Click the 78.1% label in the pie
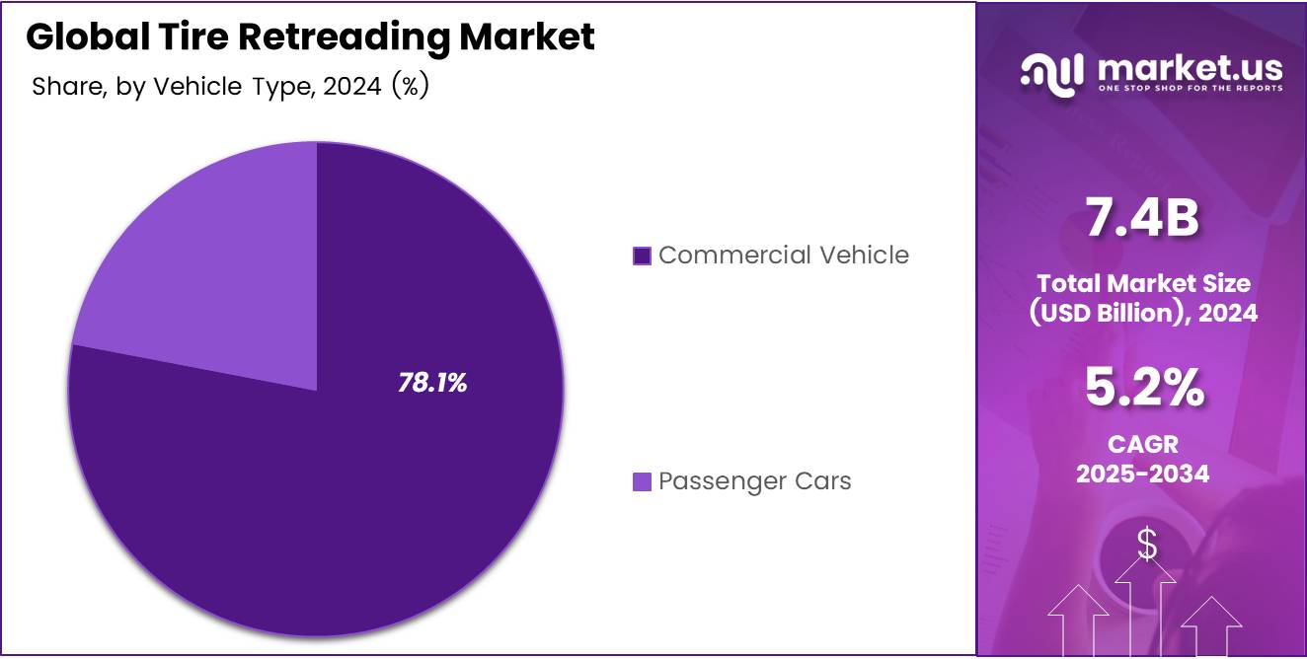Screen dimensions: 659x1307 coord(432,384)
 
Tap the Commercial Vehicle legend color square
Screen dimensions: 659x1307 coord(642,256)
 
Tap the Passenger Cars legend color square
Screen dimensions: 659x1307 coord(642,482)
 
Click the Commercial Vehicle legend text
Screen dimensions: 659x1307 coord(783,256)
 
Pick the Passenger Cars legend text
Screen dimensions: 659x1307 coord(754,481)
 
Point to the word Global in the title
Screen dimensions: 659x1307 coord(90,37)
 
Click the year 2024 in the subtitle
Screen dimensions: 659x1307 coord(353,87)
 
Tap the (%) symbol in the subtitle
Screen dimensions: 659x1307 coord(410,87)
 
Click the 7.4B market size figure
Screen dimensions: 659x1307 coord(1142,219)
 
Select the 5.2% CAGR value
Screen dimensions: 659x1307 coord(1143,388)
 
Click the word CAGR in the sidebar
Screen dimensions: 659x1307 coord(1143,445)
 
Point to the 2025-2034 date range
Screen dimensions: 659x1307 coord(1143,474)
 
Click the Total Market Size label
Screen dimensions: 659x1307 coord(1143,284)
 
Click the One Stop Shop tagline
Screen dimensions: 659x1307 coord(1190,88)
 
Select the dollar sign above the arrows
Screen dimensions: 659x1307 coord(1146,544)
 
